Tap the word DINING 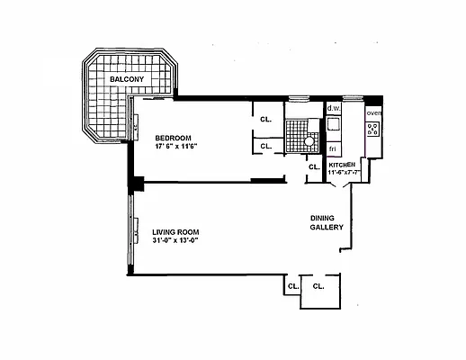tap(324, 218)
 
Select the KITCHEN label tap(342, 166)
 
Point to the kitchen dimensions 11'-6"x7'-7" tap(344, 173)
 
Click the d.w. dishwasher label tap(332, 109)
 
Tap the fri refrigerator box tap(332, 147)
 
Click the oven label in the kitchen tap(374, 112)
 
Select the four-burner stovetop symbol tap(373, 129)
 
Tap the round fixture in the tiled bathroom tap(309, 140)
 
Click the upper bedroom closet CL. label tap(266, 119)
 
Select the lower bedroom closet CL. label tap(266, 146)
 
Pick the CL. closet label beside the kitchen tap(313, 166)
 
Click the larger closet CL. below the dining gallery tap(318, 286)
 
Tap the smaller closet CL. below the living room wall tap(291, 286)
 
